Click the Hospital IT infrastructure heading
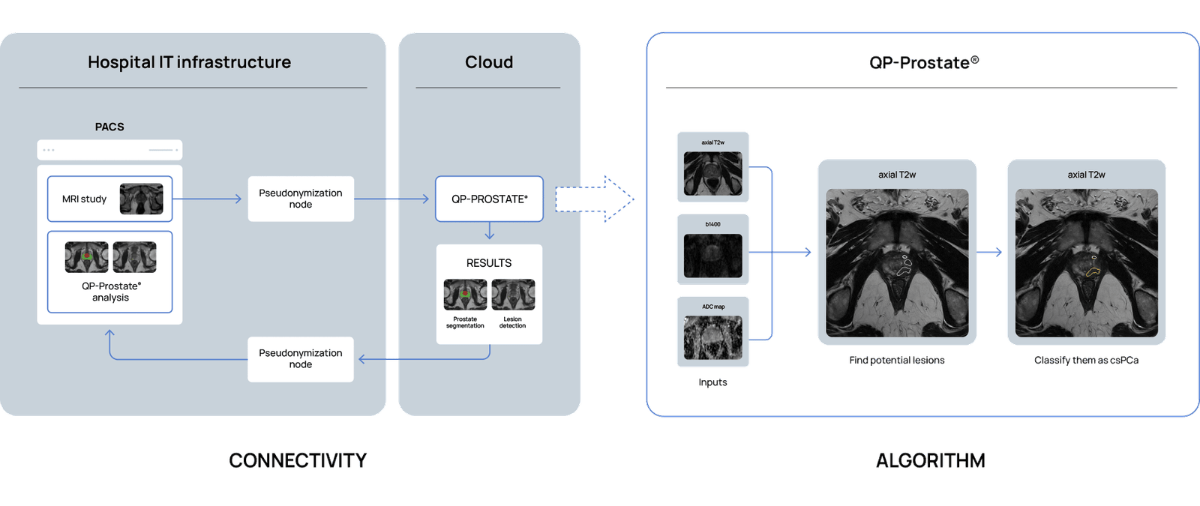click(x=189, y=62)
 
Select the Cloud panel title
click(x=489, y=62)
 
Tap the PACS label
click(x=109, y=127)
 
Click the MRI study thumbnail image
click(x=141, y=199)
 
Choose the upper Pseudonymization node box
click(x=301, y=199)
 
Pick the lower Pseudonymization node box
click(x=301, y=359)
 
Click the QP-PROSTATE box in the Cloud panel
click(x=489, y=199)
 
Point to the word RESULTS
click(x=489, y=263)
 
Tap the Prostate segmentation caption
click(x=465, y=322)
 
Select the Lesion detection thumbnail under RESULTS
click(x=513, y=295)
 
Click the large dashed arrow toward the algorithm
click(x=595, y=199)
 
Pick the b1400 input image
click(x=712, y=255)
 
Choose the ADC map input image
click(x=712, y=337)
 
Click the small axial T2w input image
click(x=712, y=173)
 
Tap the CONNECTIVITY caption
click(x=298, y=460)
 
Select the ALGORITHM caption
click(x=931, y=460)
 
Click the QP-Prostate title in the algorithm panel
click(x=924, y=63)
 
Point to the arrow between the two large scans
click(x=991, y=253)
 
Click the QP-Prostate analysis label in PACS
click(x=111, y=292)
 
